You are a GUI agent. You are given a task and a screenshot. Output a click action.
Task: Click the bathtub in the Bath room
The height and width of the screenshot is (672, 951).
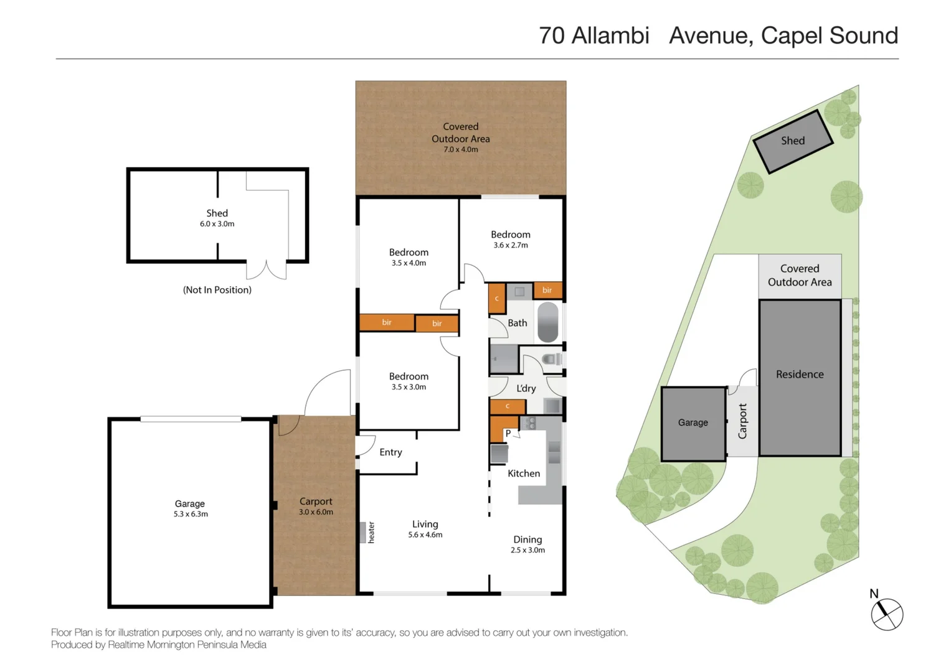[547, 322]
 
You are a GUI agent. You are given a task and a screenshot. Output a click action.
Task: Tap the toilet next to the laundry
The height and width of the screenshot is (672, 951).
[552, 360]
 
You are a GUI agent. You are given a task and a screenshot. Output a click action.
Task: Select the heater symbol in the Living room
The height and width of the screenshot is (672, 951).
[362, 533]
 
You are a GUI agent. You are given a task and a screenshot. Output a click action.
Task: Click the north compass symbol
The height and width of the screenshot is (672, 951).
[886, 614]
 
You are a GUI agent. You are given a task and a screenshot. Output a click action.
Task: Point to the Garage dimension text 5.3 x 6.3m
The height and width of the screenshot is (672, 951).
[191, 514]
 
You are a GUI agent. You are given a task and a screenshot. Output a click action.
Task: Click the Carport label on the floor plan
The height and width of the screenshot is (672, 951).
[316, 502]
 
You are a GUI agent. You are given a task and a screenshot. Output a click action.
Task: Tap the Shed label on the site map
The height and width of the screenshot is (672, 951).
[793, 141]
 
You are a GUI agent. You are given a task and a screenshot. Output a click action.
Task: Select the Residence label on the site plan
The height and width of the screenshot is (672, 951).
[800, 374]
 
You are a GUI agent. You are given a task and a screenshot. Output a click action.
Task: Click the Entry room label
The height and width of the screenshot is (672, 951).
[390, 452]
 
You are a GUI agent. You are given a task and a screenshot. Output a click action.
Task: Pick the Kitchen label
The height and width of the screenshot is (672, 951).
[524, 474]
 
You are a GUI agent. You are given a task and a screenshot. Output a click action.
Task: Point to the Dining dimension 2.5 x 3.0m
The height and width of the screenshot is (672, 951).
[528, 550]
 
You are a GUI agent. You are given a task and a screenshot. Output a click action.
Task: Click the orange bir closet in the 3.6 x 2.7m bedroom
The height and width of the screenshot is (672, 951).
[547, 290]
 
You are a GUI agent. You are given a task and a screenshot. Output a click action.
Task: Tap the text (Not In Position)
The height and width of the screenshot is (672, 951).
[217, 290]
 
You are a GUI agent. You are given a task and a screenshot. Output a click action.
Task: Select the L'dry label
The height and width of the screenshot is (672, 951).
[526, 388]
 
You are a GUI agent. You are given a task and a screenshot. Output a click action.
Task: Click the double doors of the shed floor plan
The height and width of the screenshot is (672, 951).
[266, 270]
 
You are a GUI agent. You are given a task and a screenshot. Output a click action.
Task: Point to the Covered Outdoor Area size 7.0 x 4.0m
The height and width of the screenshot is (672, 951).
[461, 149]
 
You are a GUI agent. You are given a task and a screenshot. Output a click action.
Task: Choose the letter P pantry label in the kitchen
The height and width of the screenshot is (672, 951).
[508, 434]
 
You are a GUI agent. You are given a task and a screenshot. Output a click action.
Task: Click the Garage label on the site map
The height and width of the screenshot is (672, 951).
[693, 422]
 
